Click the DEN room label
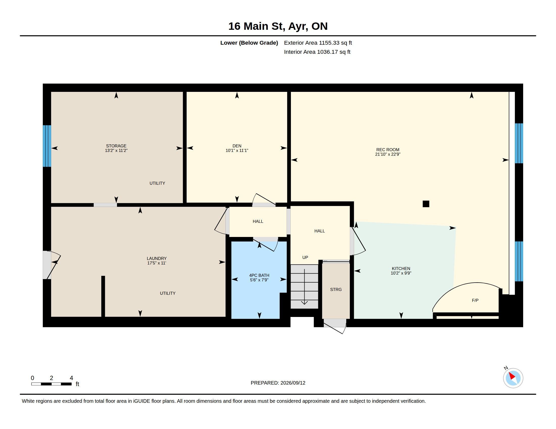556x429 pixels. (x=237, y=146)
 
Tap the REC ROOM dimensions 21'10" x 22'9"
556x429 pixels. (x=388, y=154)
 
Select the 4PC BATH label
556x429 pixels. (x=259, y=275)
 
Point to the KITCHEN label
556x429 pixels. (x=401, y=269)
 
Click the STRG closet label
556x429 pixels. (x=336, y=289)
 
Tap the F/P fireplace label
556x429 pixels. (x=475, y=300)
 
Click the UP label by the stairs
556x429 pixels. (x=305, y=257)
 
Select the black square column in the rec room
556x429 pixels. (x=426, y=204)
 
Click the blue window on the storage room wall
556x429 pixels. (x=47, y=146)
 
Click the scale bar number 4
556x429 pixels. (x=71, y=378)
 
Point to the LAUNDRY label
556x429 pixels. (x=157, y=258)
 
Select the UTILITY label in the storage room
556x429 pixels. (x=157, y=183)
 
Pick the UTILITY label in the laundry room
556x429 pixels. (x=168, y=293)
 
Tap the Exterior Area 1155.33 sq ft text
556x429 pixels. (x=318, y=43)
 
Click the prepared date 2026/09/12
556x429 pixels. (x=293, y=383)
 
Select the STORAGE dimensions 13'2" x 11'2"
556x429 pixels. (x=116, y=150)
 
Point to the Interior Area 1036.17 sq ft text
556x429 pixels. (x=317, y=52)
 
